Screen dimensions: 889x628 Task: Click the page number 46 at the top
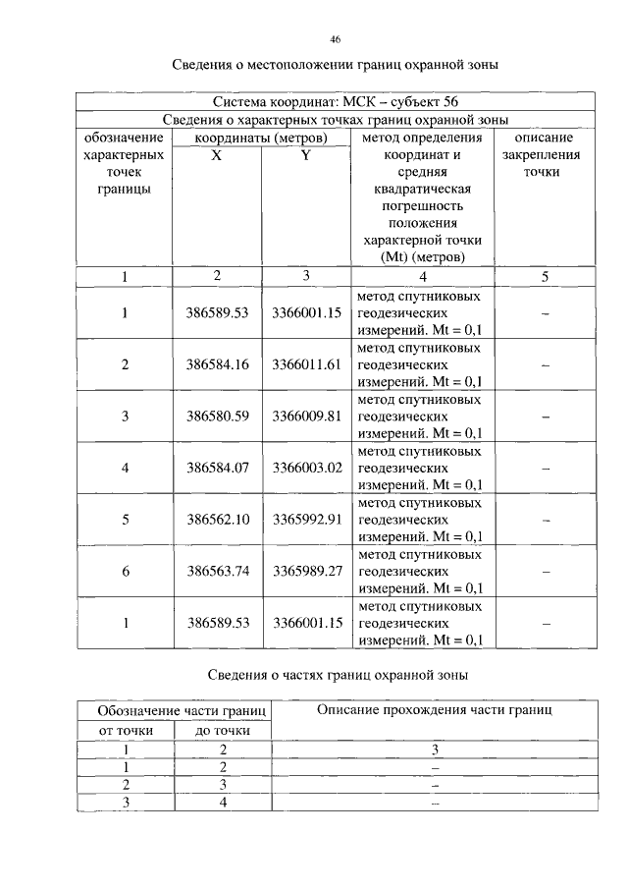pyautogui.click(x=336, y=39)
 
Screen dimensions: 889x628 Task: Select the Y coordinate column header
pyautogui.click(x=306, y=155)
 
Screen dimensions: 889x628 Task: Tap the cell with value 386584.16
pyautogui.click(x=218, y=364)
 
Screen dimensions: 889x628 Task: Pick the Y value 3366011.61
pyautogui.click(x=306, y=364)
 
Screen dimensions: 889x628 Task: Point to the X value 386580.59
pyautogui.click(x=218, y=417)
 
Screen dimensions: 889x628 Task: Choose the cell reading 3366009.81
pyautogui.click(x=306, y=417)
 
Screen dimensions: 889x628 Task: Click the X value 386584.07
pyautogui.click(x=218, y=468)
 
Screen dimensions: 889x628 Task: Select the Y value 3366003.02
pyautogui.click(x=306, y=468)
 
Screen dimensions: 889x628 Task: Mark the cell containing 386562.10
pyautogui.click(x=218, y=519)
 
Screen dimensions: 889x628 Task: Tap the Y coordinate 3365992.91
pyautogui.click(x=306, y=519)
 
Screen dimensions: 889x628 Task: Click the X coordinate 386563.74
pyautogui.click(x=218, y=571)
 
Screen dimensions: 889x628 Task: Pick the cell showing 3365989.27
pyautogui.click(x=306, y=571)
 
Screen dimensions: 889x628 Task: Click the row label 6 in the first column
pyautogui.click(x=125, y=571)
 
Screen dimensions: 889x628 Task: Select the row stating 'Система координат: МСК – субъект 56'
pyautogui.click(x=336, y=101)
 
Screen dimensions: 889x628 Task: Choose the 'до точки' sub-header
pyautogui.click(x=223, y=730)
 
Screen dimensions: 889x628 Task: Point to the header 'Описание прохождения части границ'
pyautogui.click(x=435, y=710)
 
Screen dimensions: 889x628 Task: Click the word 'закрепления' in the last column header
pyautogui.click(x=545, y=155)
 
